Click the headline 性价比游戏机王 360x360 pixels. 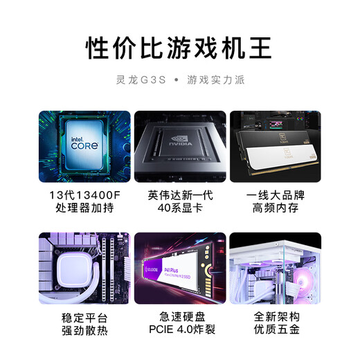pyautogui.click(x=179, y=48)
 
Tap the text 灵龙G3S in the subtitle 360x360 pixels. pyautogui.click(x=140, y=80)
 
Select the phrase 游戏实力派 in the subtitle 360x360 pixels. pyautogui.click(x=215, y=80)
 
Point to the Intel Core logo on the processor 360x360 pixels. pyautogui.click(x=84, y=143)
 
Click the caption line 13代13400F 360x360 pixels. pyautogui.click(x=84, y=195)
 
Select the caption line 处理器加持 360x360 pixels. pyautogui.click(x=84, y=208)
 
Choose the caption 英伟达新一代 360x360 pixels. pyautogui.click(x=179, y=195)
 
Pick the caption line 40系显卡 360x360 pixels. pyautogui.click(x=179, y=208)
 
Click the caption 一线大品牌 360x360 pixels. pyautogui.click(x=276, y=195)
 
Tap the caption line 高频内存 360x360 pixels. pyautogui.click(x=276, y=208)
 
